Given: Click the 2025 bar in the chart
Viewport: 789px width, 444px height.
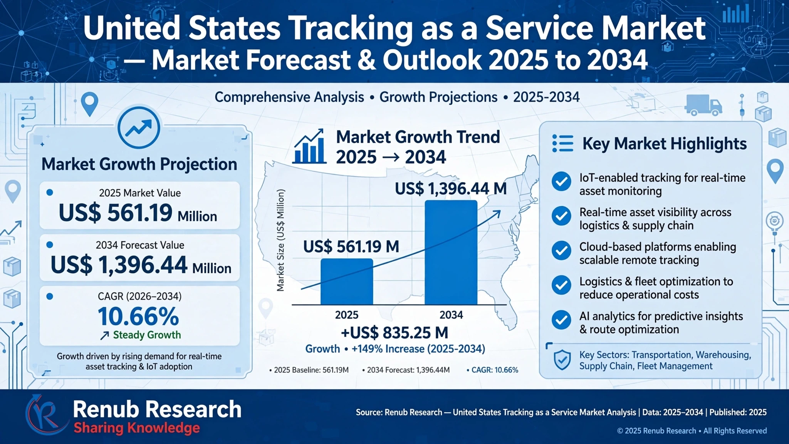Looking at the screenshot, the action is click(x=347, y=281).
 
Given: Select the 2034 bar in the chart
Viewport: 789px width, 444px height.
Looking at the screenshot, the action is click(x=451, y=252).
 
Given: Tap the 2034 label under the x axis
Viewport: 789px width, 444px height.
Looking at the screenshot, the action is click(x=451, y=315).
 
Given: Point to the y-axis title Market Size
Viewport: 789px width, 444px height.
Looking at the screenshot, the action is click(x=280, y=240).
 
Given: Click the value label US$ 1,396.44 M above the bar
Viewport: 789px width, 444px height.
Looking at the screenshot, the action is click(x=451, y=188).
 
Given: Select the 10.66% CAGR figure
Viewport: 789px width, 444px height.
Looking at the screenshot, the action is click(x=138, y=316).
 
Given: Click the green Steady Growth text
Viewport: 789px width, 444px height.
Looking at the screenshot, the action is click(x=147, y=335).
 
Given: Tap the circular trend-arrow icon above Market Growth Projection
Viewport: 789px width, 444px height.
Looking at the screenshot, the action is click(x=139, y=128).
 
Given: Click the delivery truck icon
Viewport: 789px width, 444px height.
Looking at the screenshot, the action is click(x=703, y=105).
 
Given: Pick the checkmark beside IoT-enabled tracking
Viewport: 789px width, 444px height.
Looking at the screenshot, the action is click(x=561, y=181).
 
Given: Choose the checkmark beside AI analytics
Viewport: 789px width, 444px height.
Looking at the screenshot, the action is click(x=561, y=320).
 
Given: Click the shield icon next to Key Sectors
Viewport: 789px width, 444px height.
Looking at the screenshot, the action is click(x=562, y=360).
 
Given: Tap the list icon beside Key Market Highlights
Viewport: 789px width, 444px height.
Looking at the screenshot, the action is click(x=562, y=143).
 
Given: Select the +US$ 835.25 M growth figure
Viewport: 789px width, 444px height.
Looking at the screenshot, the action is click(x=394, y=333).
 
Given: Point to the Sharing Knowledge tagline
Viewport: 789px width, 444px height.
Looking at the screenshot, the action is click(x=137, y=428).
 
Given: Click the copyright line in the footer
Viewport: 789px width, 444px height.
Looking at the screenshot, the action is click(x=692, y=431).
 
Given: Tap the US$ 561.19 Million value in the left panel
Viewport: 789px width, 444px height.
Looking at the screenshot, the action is click(x=138, y=213).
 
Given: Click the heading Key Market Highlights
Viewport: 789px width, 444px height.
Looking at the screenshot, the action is click(x=665, y=144).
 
